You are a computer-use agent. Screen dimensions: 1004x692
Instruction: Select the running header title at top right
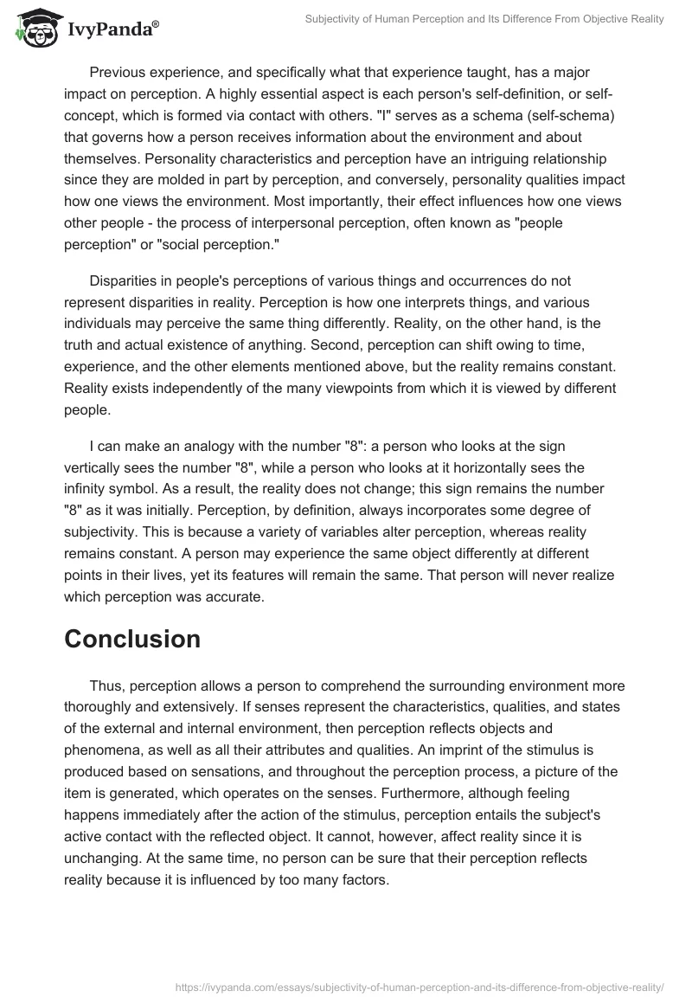tap(484, 19)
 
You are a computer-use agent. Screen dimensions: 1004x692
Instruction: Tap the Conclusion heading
tap(132, 639)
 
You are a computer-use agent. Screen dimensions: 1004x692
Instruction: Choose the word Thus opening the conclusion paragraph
tap(106, 685)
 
